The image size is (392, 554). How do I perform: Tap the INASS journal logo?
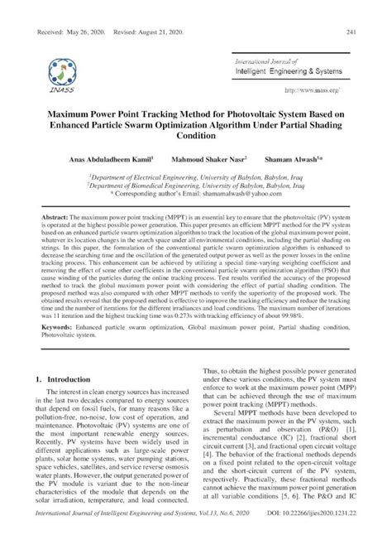64,70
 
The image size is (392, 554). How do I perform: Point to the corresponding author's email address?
249,194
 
